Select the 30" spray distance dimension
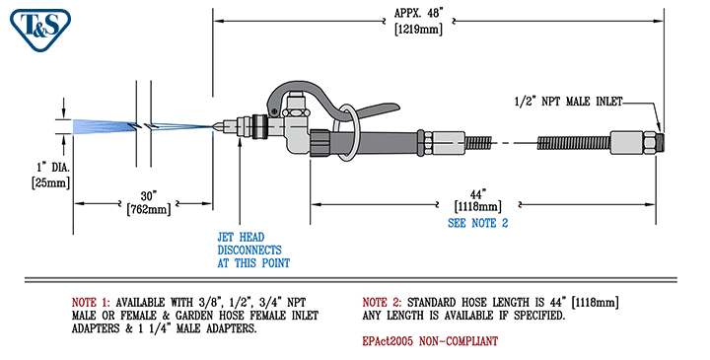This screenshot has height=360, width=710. point(149,193)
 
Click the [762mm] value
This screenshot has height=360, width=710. point(149,208)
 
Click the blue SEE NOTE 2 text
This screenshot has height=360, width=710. point(477,223)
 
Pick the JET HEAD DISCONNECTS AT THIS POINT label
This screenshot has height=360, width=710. point(253,250)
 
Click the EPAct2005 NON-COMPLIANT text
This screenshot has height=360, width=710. point(430,340)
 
